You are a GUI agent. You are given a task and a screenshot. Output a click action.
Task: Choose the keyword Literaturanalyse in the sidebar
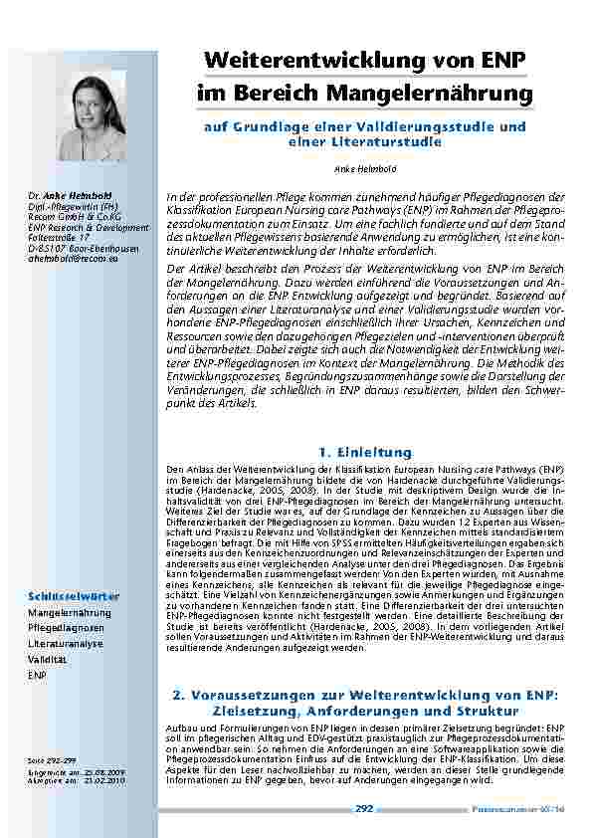66,644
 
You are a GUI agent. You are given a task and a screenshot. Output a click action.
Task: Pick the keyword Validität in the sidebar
48,660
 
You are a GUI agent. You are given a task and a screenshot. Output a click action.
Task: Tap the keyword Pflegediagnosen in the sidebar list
66,628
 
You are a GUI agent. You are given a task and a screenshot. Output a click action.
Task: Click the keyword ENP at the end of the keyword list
38,675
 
